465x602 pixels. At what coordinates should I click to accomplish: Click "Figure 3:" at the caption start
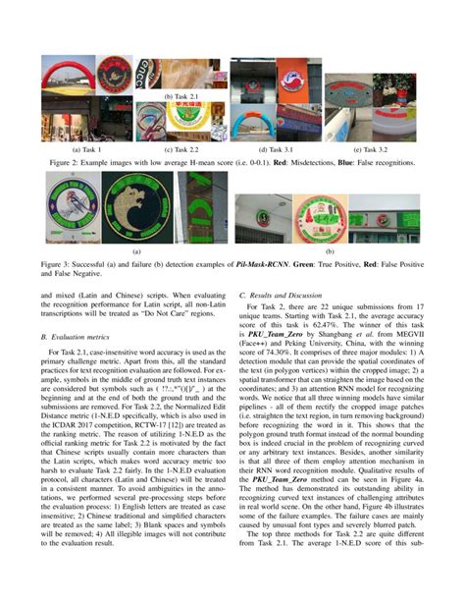pyautogui.click(x=60, y=264)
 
